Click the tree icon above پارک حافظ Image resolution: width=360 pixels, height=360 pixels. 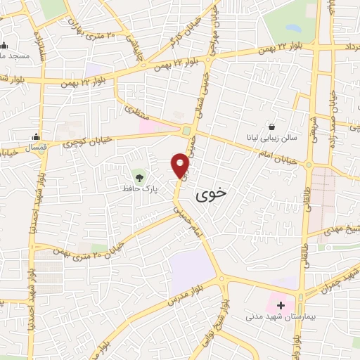pos(138,174)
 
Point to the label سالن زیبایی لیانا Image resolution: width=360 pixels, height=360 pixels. pos(271,139)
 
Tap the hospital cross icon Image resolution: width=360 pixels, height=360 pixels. pos(281,306)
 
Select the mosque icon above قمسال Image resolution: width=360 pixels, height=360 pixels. pos(36,136)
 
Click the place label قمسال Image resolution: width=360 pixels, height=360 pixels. pos(35,149)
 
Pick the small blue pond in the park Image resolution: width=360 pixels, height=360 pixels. pos(292,29)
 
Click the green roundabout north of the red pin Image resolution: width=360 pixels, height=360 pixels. pos(186,131)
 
